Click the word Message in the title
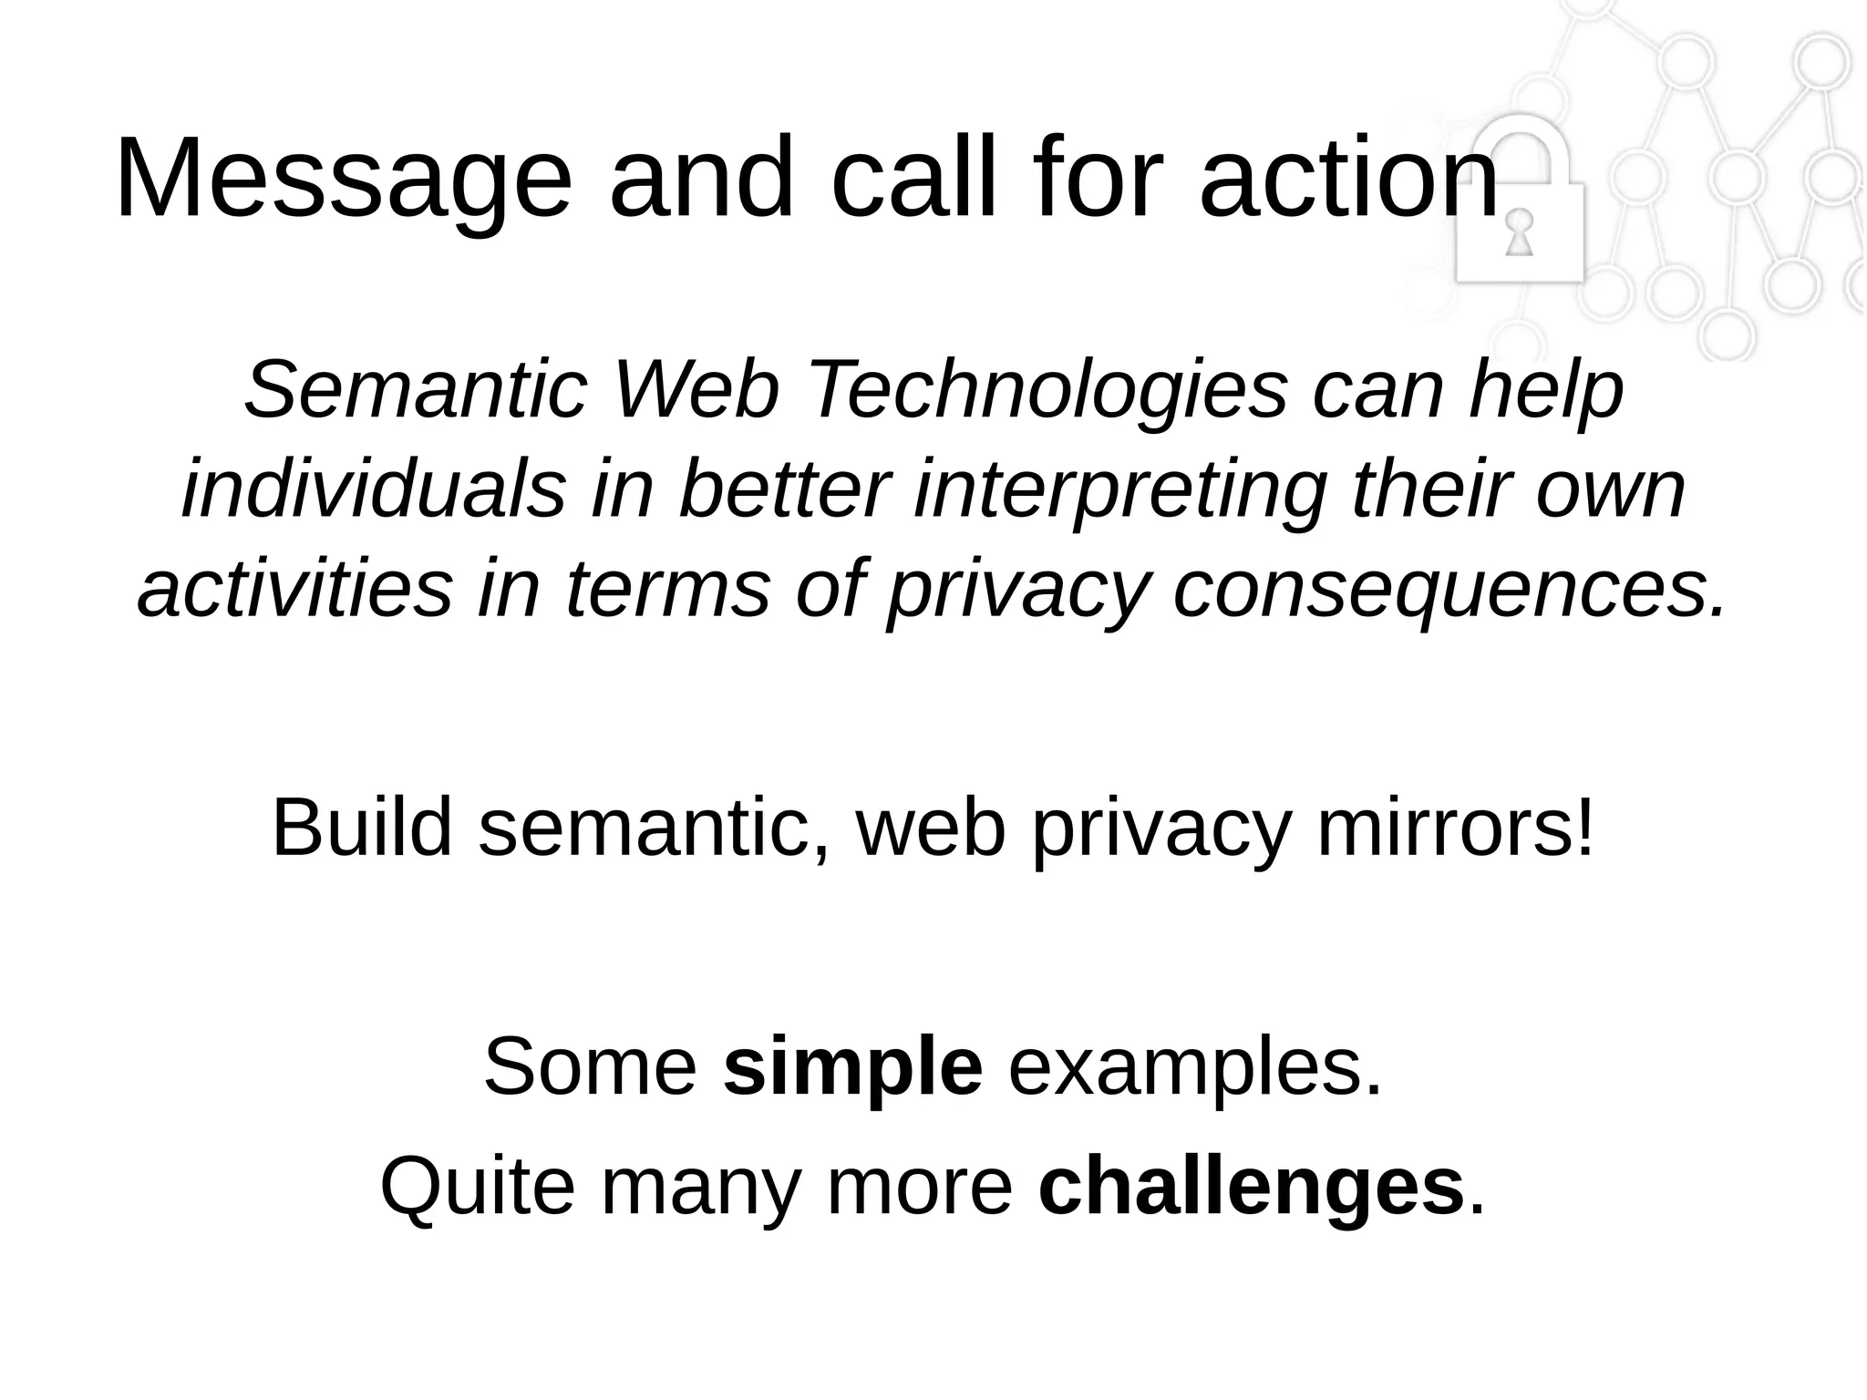point(343,179)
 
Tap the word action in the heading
point(1349,179)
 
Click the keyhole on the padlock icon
point(1519,233)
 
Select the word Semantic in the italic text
point(415,391)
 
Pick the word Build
point(362,829)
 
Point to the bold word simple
point(852,1067)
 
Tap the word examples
point(1194,1067)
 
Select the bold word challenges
point(1251,1187)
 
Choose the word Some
point(590,1067)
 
